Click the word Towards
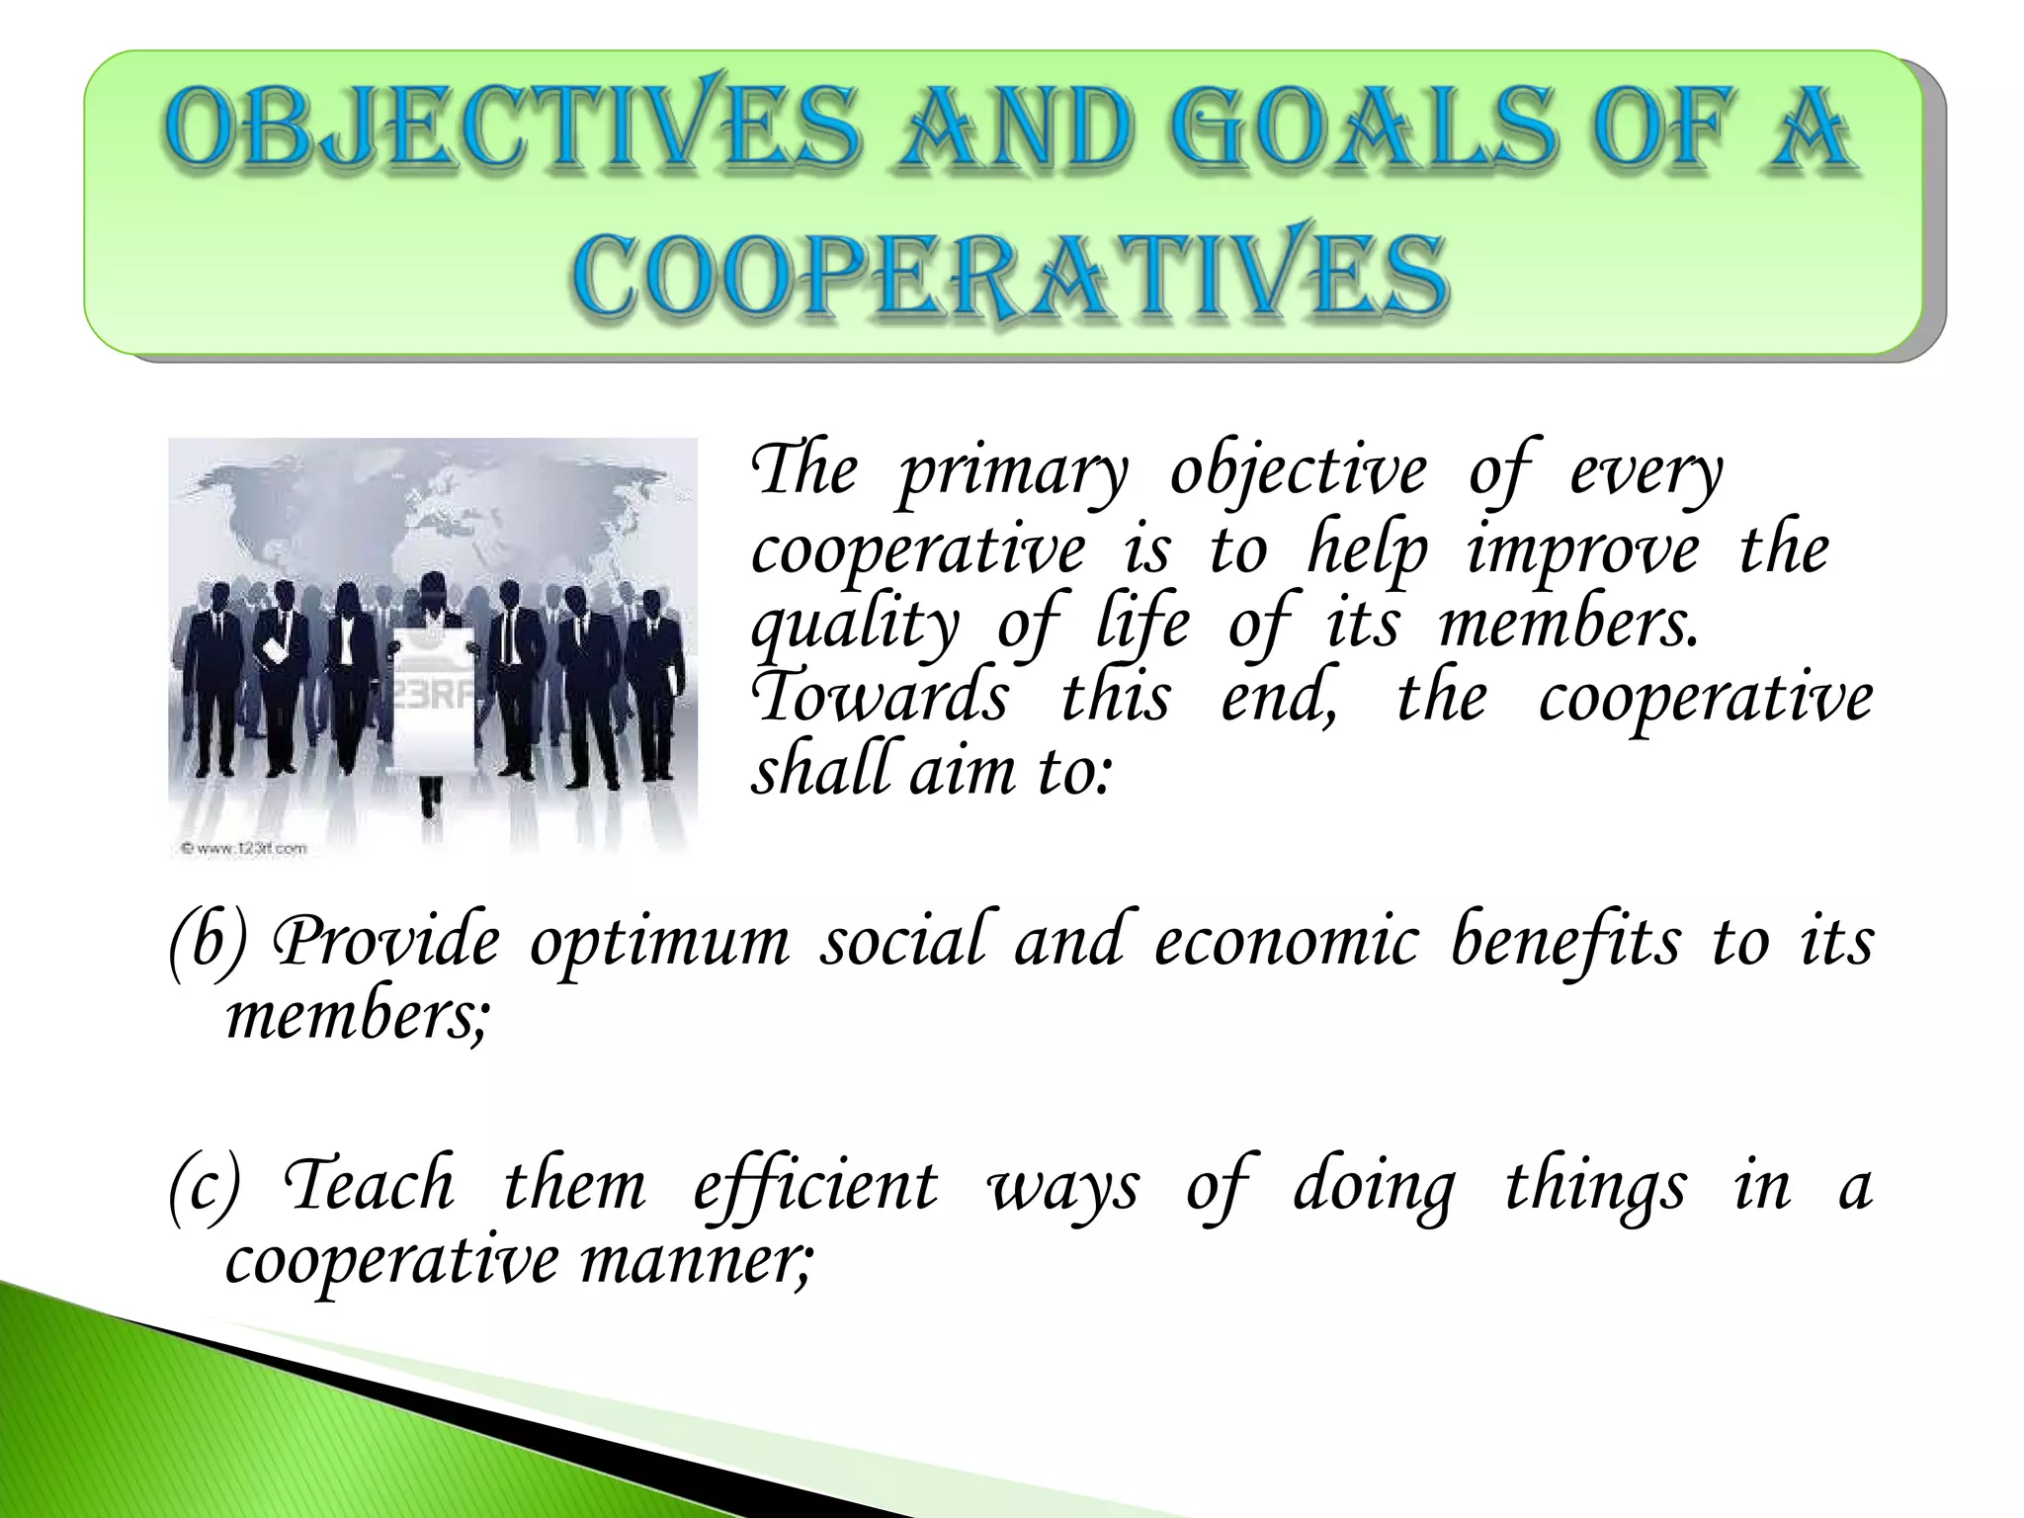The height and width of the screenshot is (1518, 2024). tap(880, 696)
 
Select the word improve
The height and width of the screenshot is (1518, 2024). tap(1581, 551)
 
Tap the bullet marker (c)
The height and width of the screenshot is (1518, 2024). tap(204, 1185)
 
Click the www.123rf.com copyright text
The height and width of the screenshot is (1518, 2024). tap(243, 847)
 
